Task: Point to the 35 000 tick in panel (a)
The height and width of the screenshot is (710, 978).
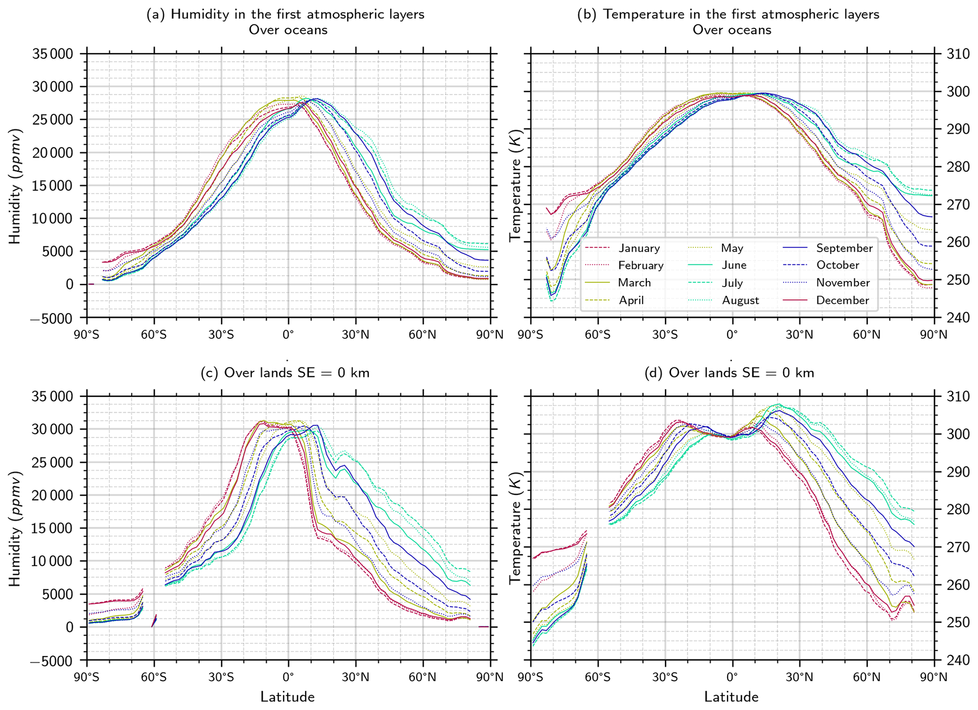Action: coord(53,54)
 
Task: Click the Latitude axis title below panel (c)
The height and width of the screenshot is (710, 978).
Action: coord(288,697)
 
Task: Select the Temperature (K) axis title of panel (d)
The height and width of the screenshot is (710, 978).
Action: coord(515,528)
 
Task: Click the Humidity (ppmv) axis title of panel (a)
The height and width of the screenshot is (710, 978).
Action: coord(16,185)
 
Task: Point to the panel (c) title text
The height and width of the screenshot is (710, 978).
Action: coord(285,373)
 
